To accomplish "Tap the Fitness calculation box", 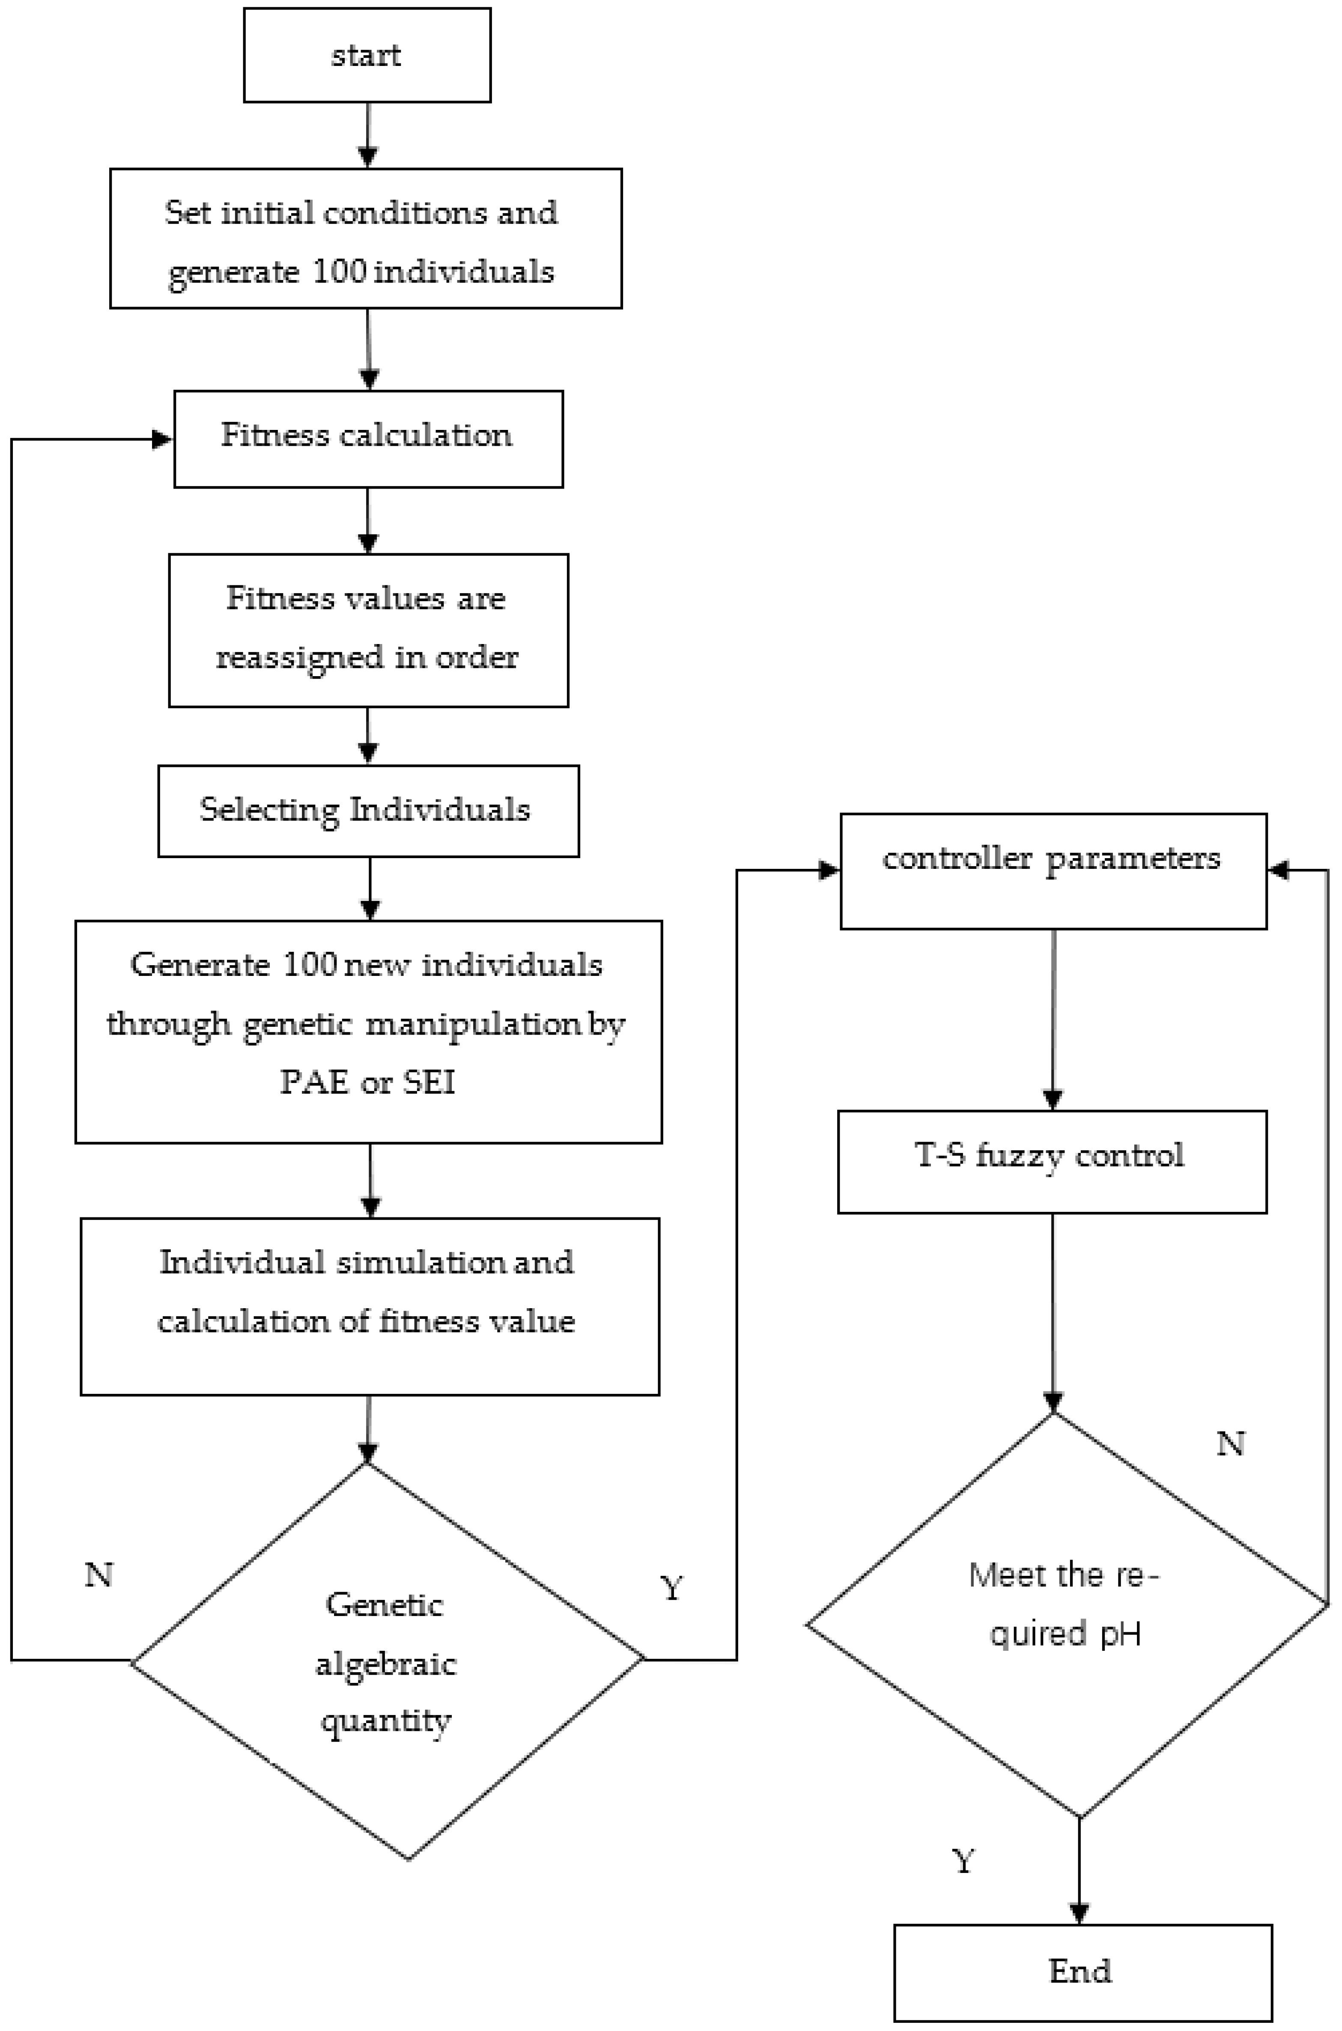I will click(x=368, y=439).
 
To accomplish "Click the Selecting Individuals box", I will click(x=368, y=811).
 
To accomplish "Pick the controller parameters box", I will click(x=1053, y=871).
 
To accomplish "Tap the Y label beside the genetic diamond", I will click(x=672, y=1589).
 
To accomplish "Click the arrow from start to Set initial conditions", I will click(x=367, y=135).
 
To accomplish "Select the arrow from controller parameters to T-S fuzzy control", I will click(x=1053, y=1018).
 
